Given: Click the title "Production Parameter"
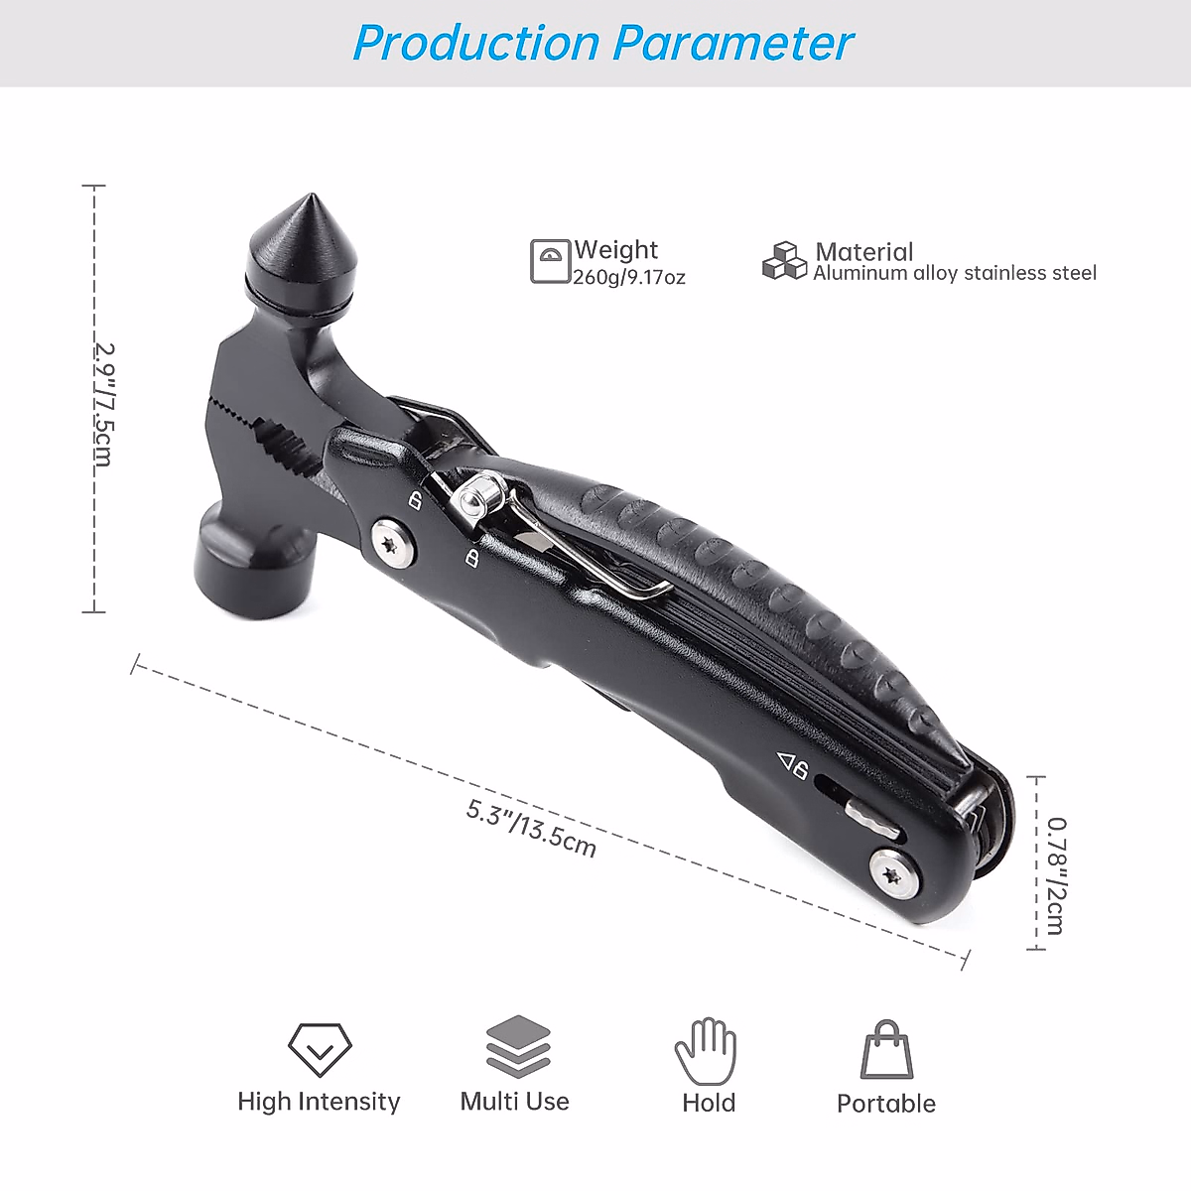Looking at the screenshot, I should tap(602, 43).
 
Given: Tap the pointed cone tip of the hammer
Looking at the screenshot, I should tap(300, 238).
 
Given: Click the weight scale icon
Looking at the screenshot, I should tap(550, 261).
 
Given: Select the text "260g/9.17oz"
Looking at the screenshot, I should tap(629, 278).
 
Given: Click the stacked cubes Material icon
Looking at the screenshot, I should tap(784, 260).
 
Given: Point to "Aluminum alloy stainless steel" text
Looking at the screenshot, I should tap(955, 273).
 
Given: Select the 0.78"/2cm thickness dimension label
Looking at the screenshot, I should tap(1056, 874).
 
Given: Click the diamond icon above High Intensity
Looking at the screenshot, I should tap(320, 1048).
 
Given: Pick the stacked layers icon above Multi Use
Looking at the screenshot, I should tap(518, 1046).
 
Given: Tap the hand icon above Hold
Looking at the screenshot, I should tap(706, 1050).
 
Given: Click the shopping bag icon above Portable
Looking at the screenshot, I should tap(885, 1050).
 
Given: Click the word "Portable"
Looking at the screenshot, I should tap(885, 1104).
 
